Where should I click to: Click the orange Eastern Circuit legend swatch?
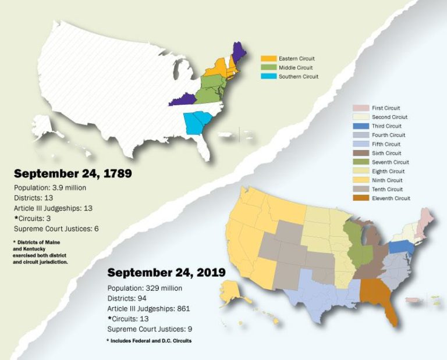click(x=268, y=59)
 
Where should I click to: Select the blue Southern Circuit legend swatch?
click(x=268, y=77)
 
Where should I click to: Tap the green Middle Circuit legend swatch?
click(x=268, y=67)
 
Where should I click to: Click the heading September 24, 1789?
click(x=73, y=173)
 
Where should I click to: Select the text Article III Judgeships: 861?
click(x=149, y=308)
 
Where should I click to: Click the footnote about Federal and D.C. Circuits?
click(x=149, y=340)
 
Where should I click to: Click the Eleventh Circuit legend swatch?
click(x=360, y=198)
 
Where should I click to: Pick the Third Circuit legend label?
click(x=386, y=126)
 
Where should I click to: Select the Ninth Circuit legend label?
click(x=387, y=180)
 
